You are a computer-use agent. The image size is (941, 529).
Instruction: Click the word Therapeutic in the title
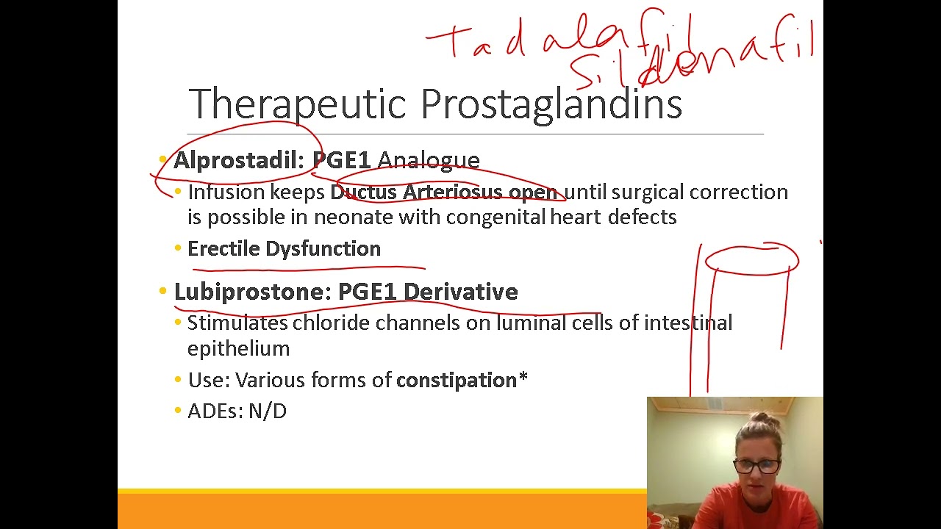pos(297,104)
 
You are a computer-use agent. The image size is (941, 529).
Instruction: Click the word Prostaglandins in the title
pos(551,104)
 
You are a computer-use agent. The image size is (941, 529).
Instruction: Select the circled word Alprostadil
pos(238,160)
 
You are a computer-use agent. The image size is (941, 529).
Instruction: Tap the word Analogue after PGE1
pos(428,160)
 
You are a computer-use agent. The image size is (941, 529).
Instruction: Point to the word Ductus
pos(363,192)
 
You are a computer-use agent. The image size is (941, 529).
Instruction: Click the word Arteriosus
pos(452,192)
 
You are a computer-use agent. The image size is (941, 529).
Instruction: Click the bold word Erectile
pos(223,249)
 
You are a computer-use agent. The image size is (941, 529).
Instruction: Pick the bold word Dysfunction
pos(323,249)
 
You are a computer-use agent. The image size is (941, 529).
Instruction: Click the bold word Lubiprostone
pos(253,292)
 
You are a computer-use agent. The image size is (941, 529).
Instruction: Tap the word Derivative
pos(460,292)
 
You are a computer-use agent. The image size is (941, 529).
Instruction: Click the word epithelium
pos(238,348)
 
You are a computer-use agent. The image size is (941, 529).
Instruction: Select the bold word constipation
pos(457,381)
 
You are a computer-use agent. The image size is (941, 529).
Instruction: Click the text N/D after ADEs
pos(268,411)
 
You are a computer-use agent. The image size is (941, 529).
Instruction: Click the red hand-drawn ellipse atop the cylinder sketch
pos(751,259)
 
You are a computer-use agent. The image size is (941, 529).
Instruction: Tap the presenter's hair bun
pos(762,421)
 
